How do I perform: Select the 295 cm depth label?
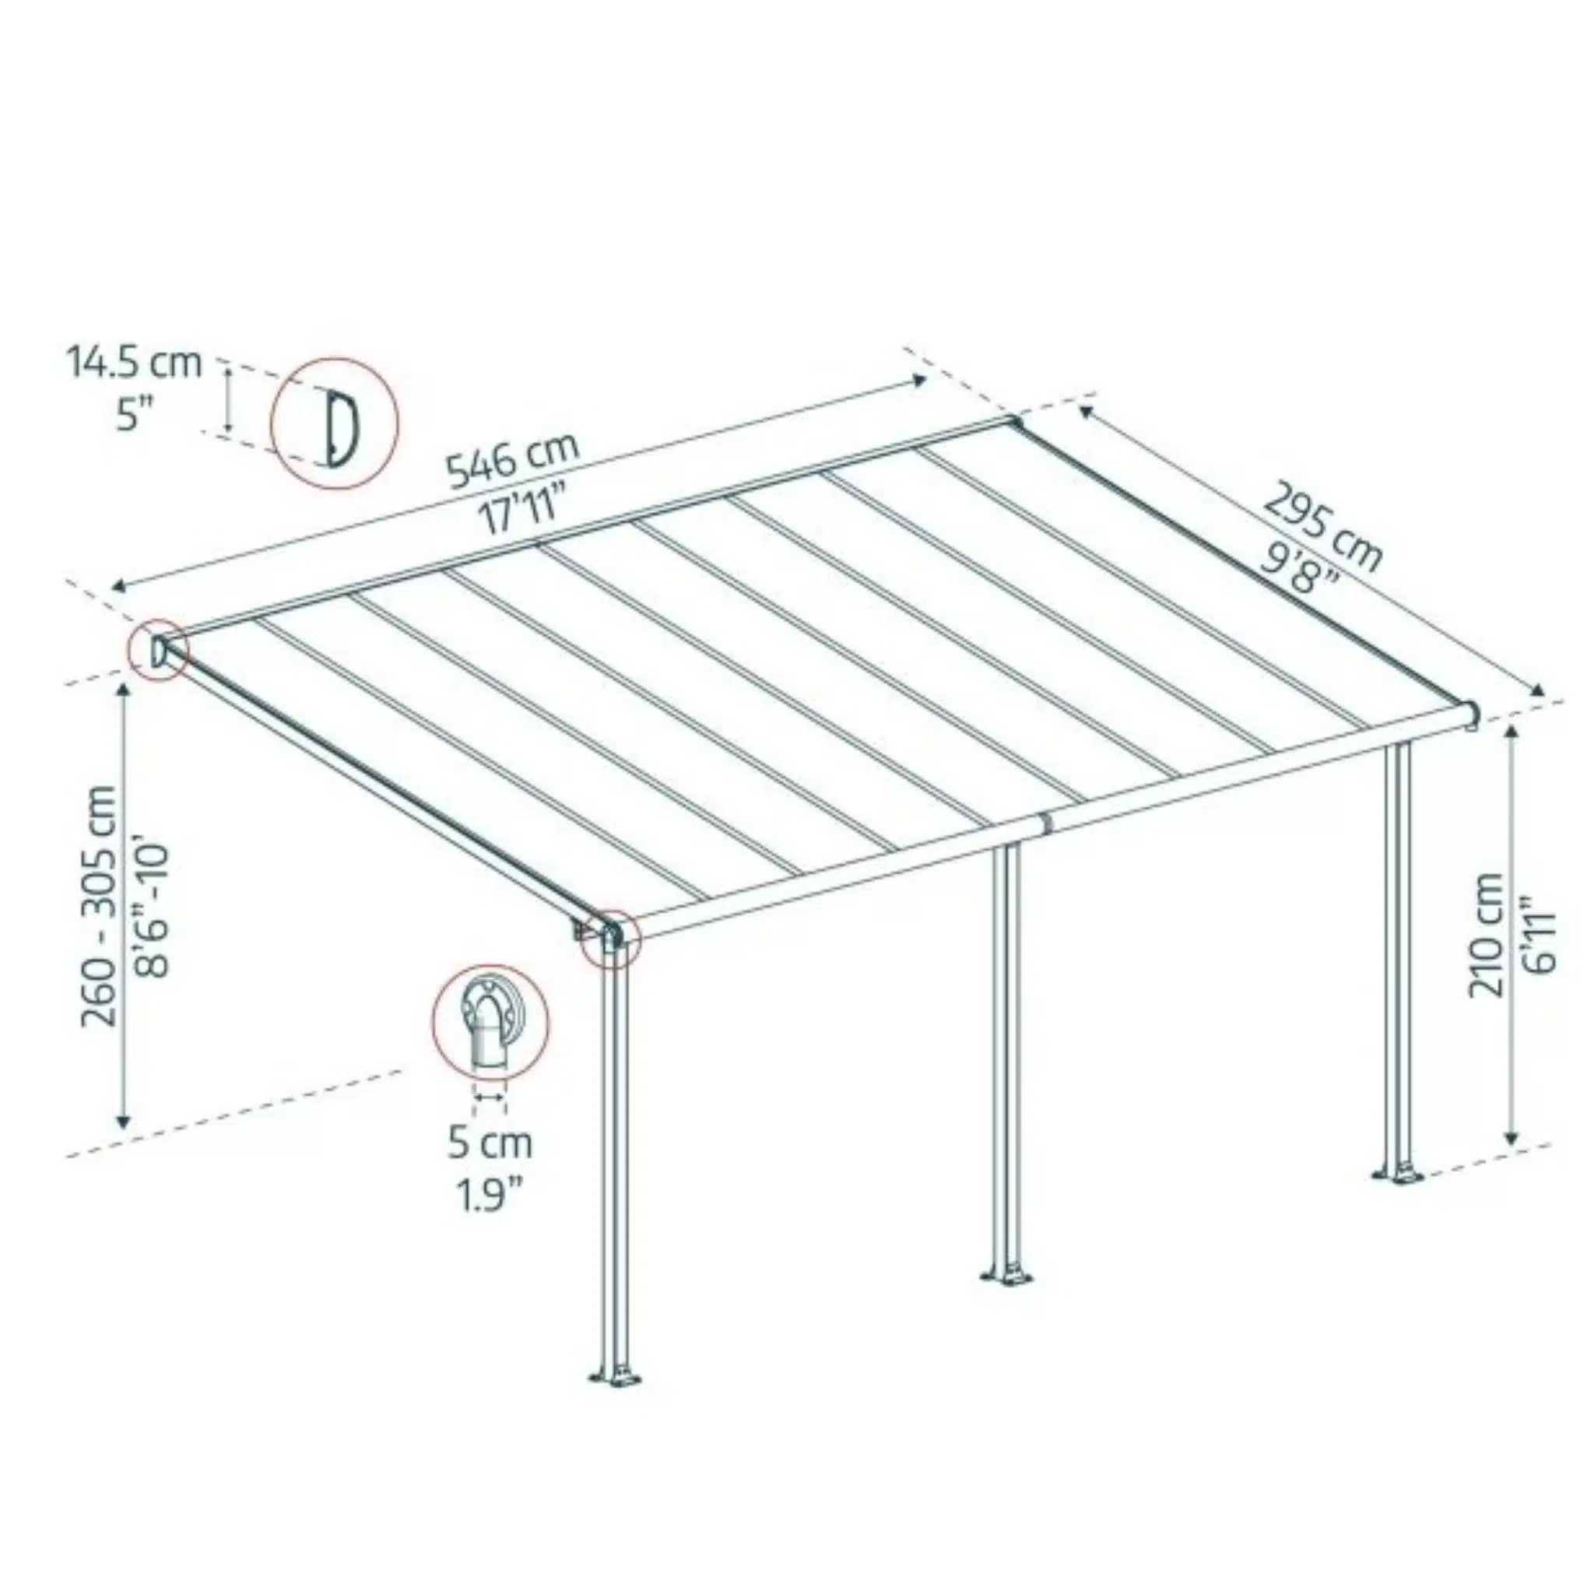(1322, 527)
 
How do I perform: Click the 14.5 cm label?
(134, 363)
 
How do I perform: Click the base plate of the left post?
(616, 1378)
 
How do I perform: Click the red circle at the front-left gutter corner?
(610, 938)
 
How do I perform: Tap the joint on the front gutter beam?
(1045, 823)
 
